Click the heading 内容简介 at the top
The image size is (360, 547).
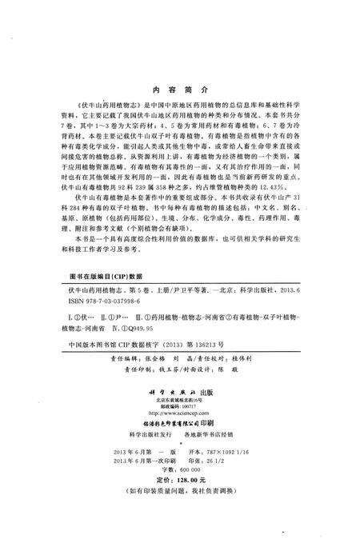point(179,93)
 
